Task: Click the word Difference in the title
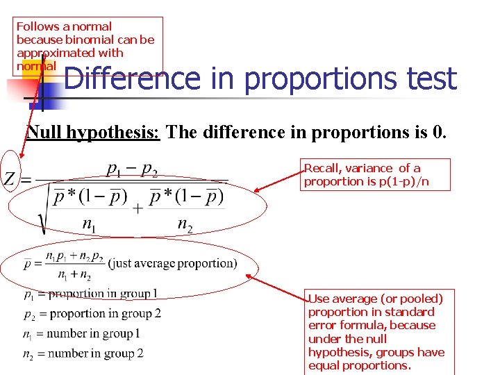pos(131,78)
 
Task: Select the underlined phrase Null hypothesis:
pos(93,132)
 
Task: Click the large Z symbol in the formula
pos(10,180)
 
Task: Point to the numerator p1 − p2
pos(132,169)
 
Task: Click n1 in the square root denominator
pos(90,224)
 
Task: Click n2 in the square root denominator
pos(185,224)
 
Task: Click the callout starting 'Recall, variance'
pos(376,174)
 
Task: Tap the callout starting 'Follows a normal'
pos(89,46)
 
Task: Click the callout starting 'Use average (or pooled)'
pos(376,332)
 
